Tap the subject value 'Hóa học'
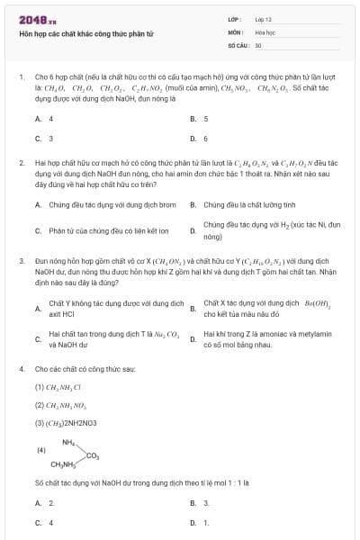point(264,31)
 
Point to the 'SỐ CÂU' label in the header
point(237,44)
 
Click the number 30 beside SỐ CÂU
point(257,44)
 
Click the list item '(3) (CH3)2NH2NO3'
point(71,422)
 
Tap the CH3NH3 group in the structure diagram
point(64,465)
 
